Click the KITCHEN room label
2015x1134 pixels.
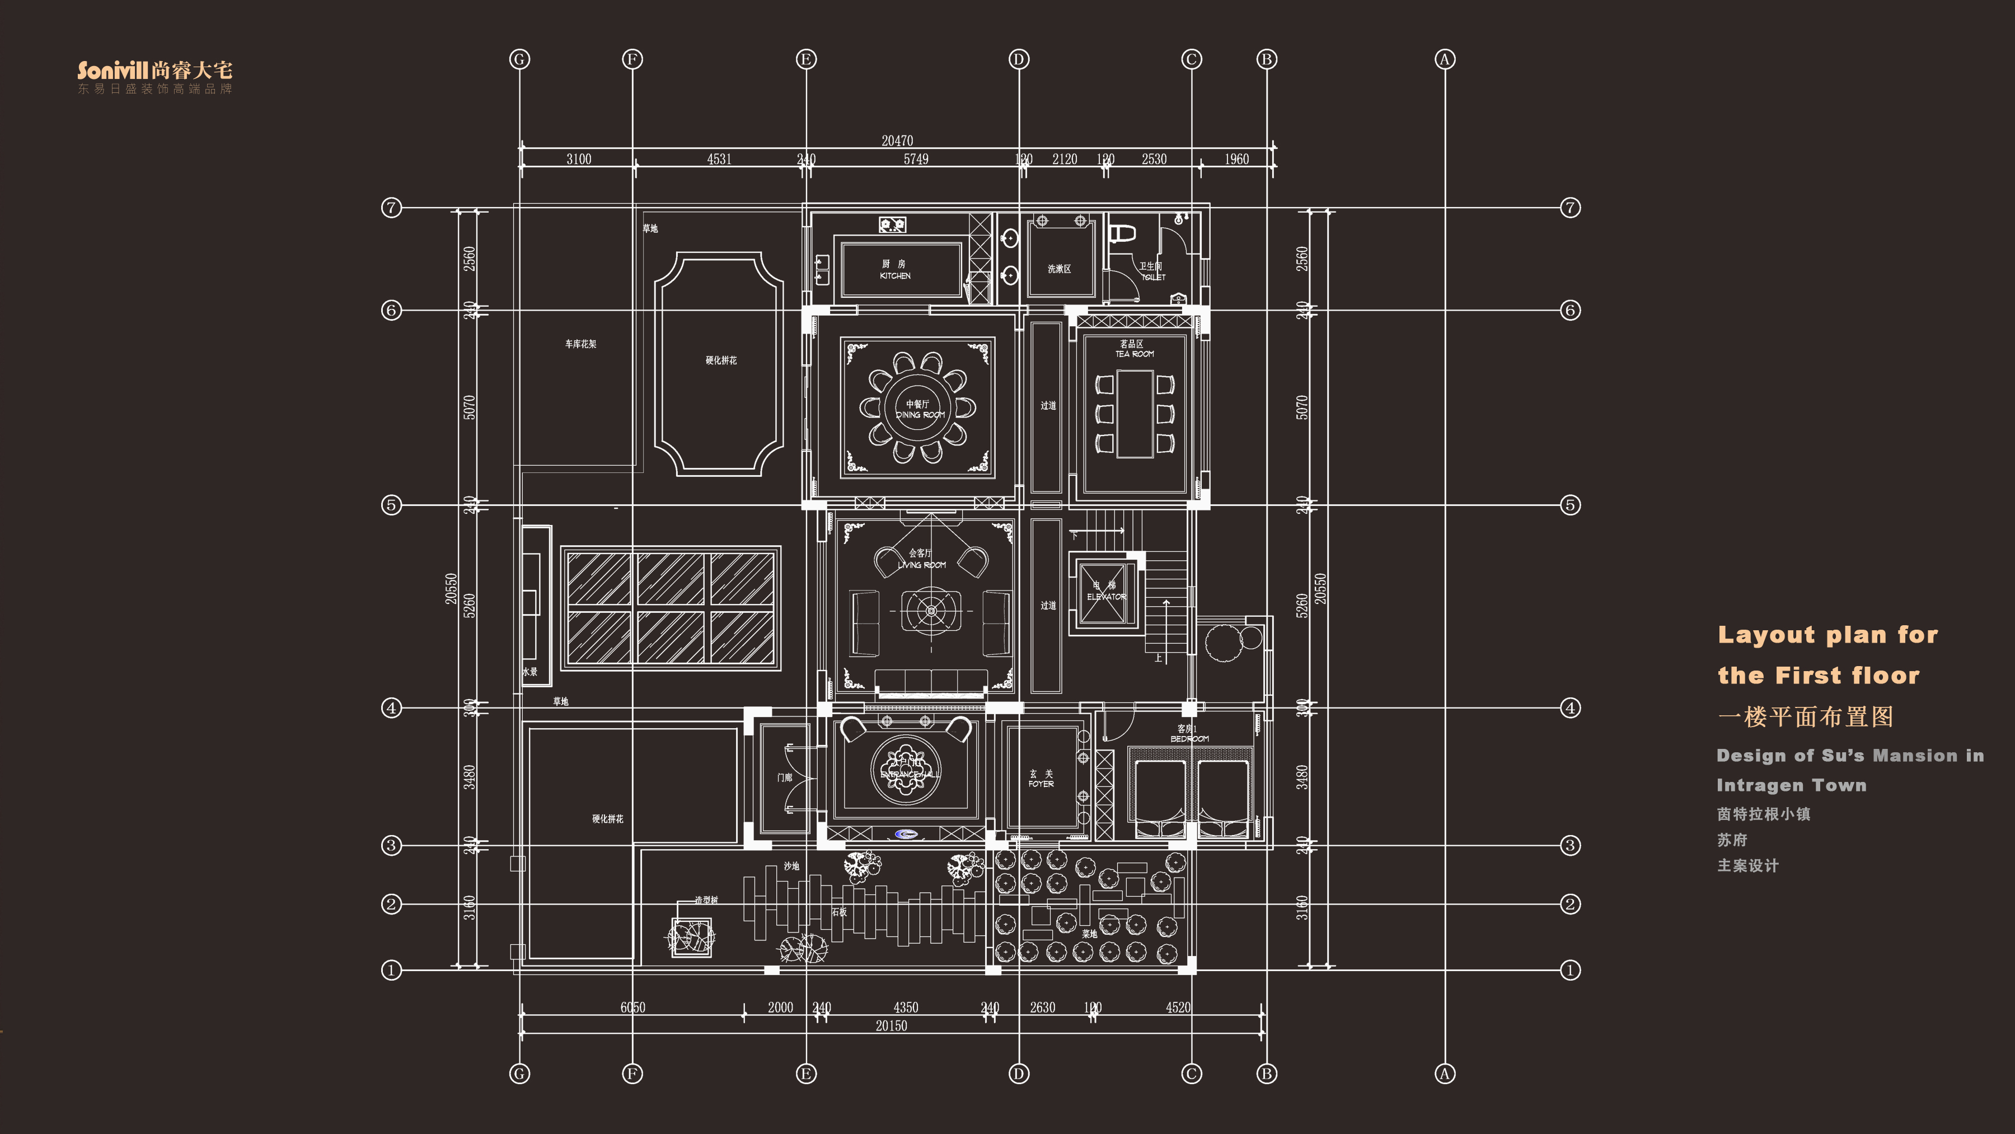895,275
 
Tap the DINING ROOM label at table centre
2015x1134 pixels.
920,415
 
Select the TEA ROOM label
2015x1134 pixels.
1134,354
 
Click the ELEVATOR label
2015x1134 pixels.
1106,597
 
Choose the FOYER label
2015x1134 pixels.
1041,784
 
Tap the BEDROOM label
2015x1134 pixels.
1189,738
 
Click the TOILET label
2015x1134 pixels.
1153,277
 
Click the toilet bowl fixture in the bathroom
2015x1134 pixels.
1123,232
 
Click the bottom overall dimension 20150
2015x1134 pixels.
891,1026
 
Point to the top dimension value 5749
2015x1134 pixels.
916,160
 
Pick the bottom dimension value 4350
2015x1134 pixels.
905,1008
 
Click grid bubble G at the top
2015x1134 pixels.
519,59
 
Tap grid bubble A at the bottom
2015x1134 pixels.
1445,1074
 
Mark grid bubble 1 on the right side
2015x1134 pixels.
1570,971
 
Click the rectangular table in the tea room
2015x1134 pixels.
1134,414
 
